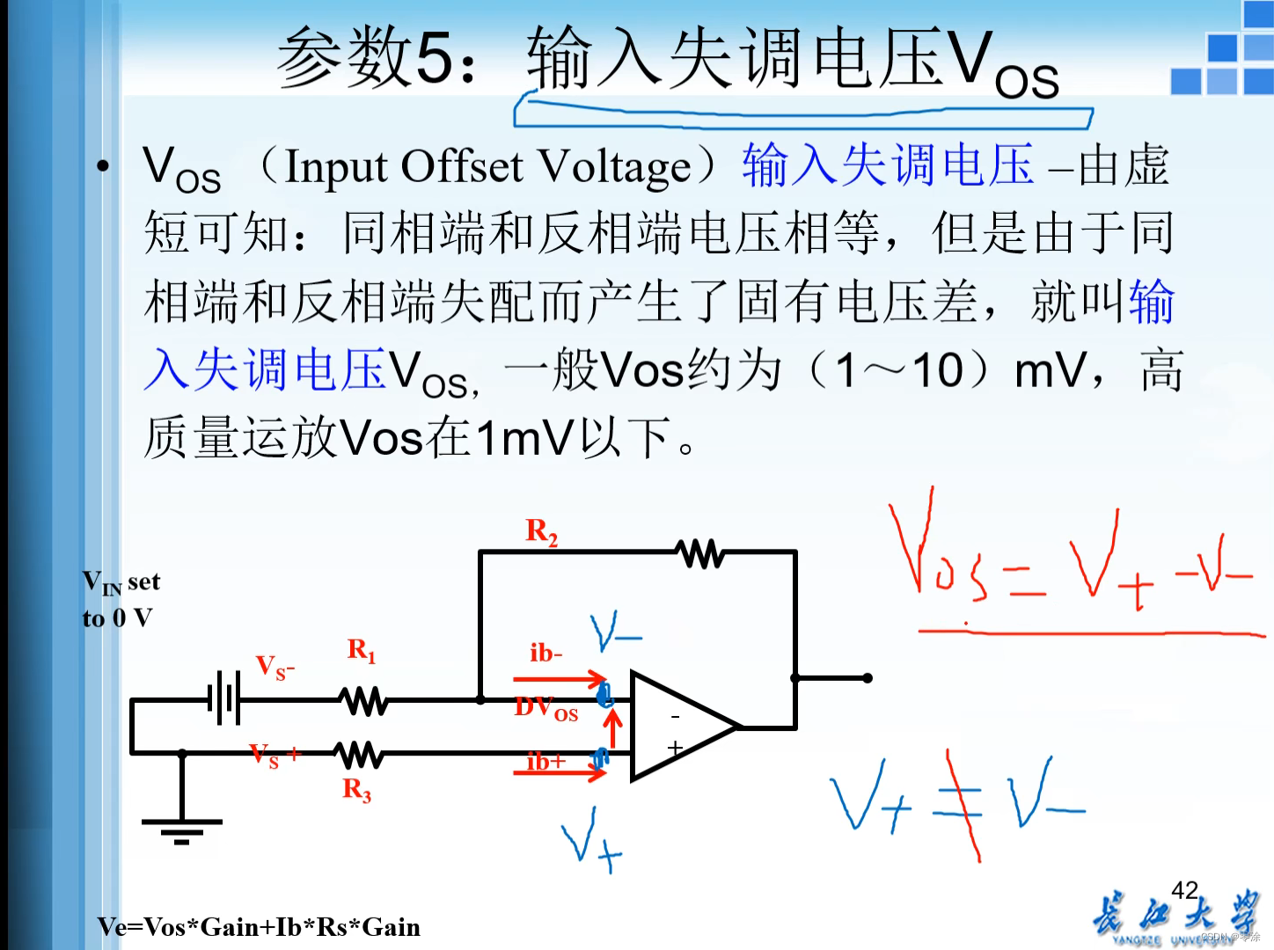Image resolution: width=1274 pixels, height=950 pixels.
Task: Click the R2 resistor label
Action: point(541,531)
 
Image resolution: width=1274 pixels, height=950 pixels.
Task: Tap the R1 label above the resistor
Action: point(361,650)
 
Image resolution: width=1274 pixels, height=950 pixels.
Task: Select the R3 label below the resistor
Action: point(356,789)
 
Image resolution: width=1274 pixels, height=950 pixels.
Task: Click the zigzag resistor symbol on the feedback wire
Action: point(701,553)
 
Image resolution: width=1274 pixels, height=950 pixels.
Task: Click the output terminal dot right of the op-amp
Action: point(868,677)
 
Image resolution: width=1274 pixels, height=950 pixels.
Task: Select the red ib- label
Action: point(545,653)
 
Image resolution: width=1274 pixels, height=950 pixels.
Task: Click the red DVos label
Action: point(545,708)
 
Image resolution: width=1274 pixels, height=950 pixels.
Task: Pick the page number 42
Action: point(1185,890)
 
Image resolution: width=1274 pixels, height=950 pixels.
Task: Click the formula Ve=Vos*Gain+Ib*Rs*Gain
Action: point(259,927)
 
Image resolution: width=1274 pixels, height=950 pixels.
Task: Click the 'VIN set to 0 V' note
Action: point(121,599)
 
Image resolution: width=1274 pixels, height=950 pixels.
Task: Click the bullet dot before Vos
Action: point(104,165)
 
